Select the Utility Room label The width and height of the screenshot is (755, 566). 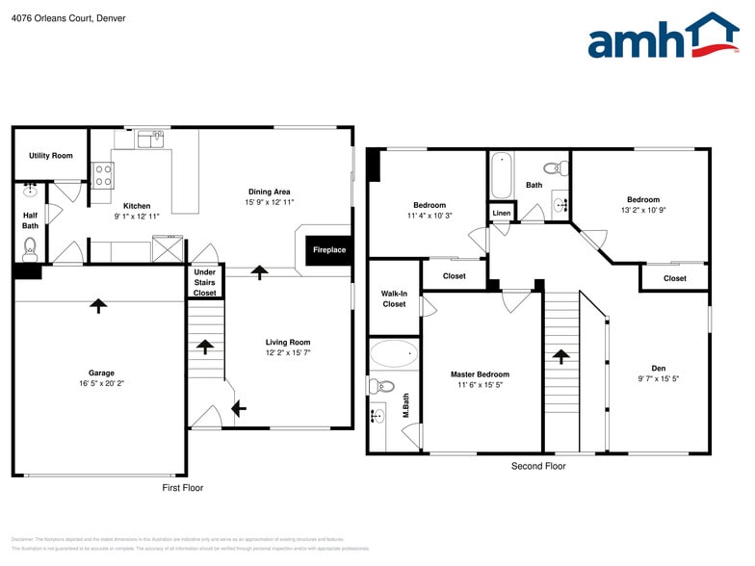pos(50,155)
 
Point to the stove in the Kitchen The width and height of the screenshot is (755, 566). pos(102,174)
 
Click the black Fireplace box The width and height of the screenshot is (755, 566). pos(328,250)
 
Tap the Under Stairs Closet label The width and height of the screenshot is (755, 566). pos(204,282)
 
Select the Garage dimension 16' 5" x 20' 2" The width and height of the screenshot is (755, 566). pos(101,383)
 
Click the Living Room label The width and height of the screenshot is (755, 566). pos(288,342)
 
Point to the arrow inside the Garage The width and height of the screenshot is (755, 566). pos(97,305)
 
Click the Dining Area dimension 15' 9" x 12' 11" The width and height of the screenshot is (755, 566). pos(269,202)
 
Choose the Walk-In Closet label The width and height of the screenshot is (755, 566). pos(394,298)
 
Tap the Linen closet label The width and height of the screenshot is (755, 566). pos(502,213)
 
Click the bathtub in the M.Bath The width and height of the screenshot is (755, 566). pos(394,353)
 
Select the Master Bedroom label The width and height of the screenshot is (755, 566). pos(480,373)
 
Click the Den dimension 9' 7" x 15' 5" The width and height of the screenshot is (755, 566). pos(658,378)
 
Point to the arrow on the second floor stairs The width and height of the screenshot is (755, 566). pos(561,356)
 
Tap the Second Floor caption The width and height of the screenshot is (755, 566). pos(538,466)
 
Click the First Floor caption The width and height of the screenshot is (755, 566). pos(182,488)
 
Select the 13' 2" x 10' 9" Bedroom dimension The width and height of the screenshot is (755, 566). pos(643,210)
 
